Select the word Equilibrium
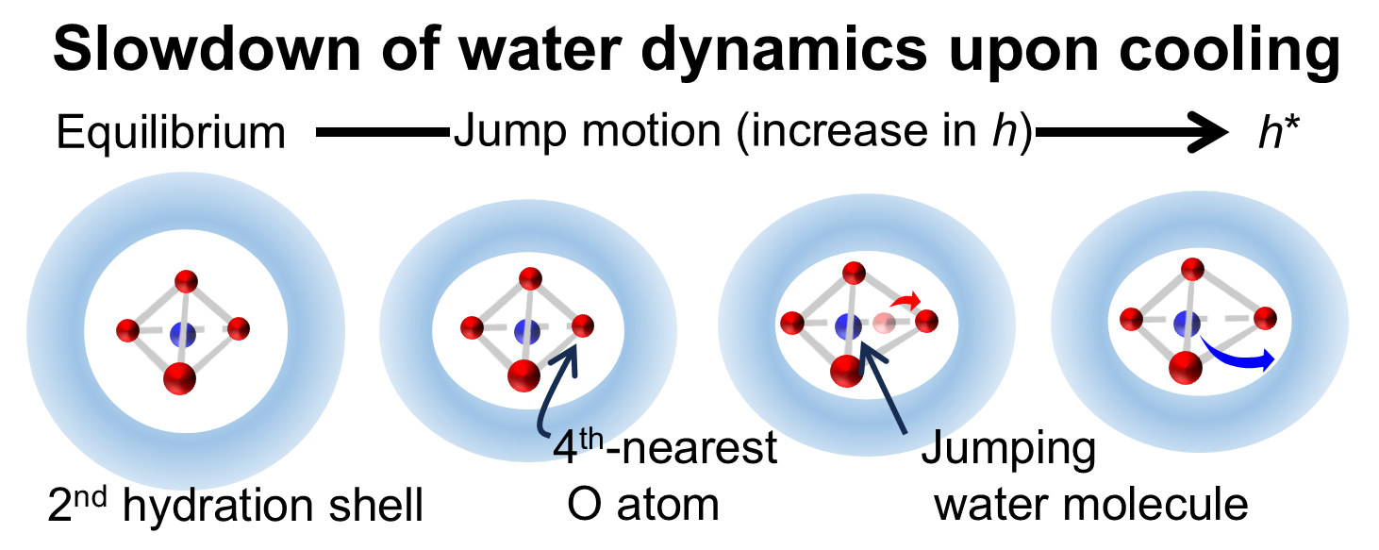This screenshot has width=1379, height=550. point(171,134)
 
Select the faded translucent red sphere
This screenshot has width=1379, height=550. point(883,324)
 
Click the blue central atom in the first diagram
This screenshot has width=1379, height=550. point(182,333)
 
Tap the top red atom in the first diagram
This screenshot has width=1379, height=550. point(186,280)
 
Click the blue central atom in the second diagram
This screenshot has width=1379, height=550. point(525,332)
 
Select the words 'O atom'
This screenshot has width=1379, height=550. point(643,506)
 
